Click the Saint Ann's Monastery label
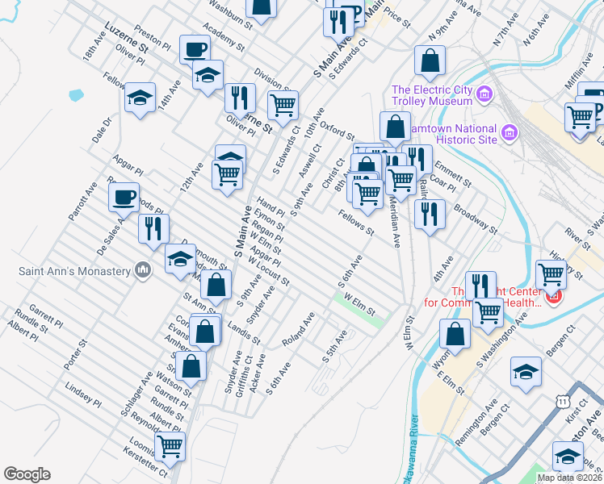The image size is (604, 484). [74, 270]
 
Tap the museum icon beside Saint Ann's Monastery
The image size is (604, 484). [143, 269]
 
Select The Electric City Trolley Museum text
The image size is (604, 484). [431, 95]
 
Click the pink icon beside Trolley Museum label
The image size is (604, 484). [484, 95]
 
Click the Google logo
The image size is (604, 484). [27, 474]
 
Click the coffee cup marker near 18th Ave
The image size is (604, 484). [194, 50]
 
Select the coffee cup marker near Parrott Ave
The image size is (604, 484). [124, 196]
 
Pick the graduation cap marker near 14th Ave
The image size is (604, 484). [141, 98]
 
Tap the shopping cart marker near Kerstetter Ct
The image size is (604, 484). [170, 445]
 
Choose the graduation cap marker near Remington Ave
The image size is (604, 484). [526, 372]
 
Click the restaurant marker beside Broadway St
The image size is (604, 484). [430, 214]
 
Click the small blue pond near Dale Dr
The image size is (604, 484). [77, 94]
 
